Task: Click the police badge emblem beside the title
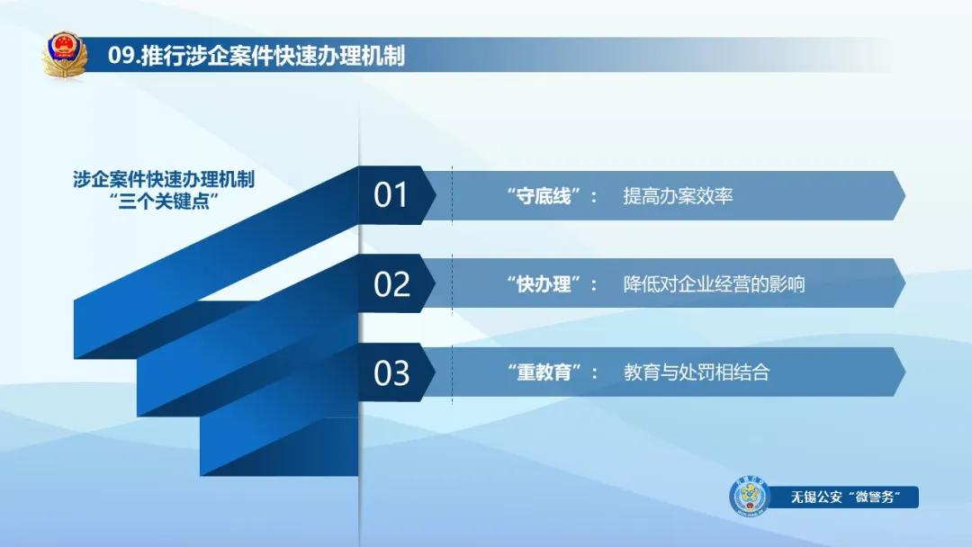coord(65,56)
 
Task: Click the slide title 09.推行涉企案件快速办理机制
coord(256,56)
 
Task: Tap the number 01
coord(391,195)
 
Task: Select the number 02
coord(391,284)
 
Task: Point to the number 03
coord(391,372)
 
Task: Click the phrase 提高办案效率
coord(678,196)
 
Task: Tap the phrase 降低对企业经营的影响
coord(714,284)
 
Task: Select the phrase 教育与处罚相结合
coord(696,372)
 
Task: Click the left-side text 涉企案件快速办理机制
coord(164,179)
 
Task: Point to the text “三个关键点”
coord(164,201)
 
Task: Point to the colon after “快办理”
coord(594,285)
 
